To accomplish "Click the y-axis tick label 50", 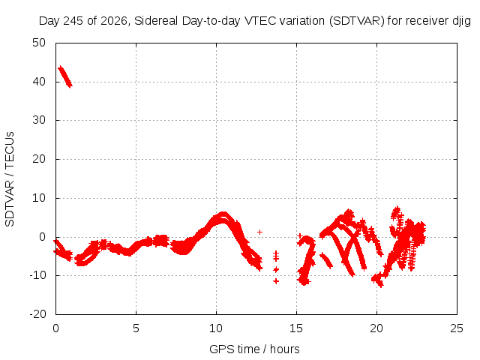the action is pyautogui.click(x=39, y=43).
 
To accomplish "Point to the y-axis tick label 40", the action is pyautogui.click(x=39, y=82).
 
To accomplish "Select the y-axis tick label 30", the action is pyautogui.click(x=39, y=120).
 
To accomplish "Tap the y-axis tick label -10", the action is pyautogui.click(x=37, y=275).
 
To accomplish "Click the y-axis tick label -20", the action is pyautogui.click(x=37, y=314).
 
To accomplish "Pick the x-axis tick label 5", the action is pyautogui.click(x=136, y=328).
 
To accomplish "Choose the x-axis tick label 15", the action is pyautogui.click(x=296, y=328).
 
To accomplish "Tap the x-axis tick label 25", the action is pyautogui.click(x=457, y=328).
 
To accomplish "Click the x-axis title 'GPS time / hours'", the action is pyautogui.click(x=254, y=349).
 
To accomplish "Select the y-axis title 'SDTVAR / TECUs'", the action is pyautogui.click(x=10, y=179).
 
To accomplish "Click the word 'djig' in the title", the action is pyautogui.click(x=461, y=22).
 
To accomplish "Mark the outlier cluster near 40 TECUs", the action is pyautogui.click(x=65, y=76).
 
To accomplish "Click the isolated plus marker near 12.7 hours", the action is pyautogui.click(x=260, y=232).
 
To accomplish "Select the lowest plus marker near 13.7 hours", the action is pyautogui.click(x=276, y=280).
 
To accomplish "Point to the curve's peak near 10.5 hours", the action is pyautogui.click(x=223, y=214).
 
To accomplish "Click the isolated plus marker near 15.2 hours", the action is pyautogui.click(x=300, y=235).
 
